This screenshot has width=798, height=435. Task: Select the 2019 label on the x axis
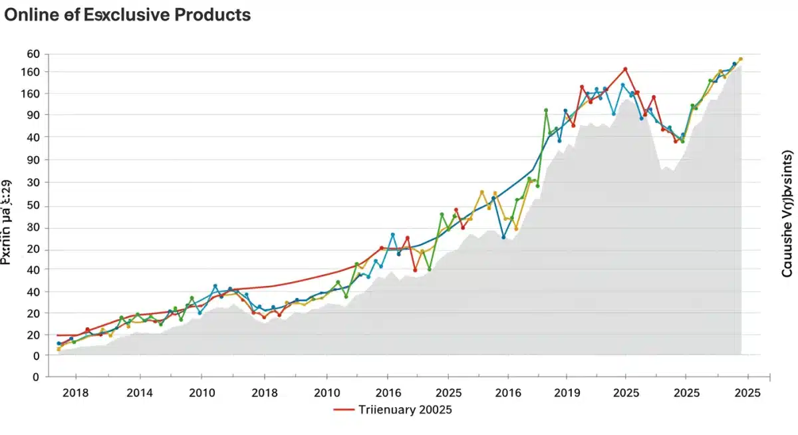click(x=567, y=393)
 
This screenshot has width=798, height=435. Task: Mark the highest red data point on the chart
click(x=625, y=69)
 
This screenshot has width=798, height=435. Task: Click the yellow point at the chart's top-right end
click(x=740, y=59)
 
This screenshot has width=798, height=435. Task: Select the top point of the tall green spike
click(x=546, y=110)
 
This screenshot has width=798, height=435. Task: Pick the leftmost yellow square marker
click(x=59, y=349)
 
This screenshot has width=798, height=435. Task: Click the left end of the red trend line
click(x=58, y=335)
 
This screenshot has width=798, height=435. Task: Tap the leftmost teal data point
click(x=59, y=343)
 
